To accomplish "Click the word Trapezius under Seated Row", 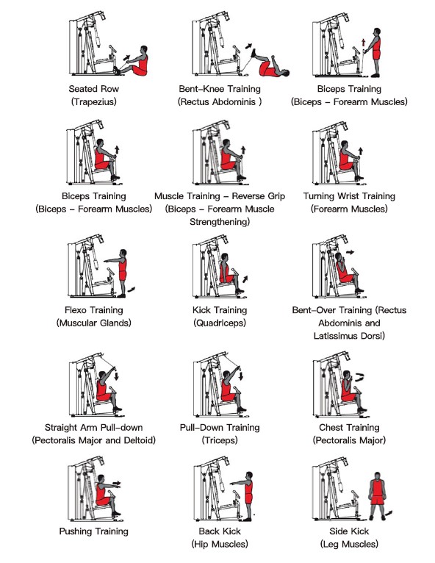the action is pyautogui.click(x=93, y=102).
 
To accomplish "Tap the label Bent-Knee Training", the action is pyautogui.click(x=220, y=89).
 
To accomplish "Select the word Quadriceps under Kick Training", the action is pyautogui.click(x=219, y=323).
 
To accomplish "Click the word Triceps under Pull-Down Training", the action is pyautogui.click(x=220, y=440).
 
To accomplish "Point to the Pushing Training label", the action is pyautogui.click(x=93, y=531).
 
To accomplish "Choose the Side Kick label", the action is pyautogui.click(x=349, y=531).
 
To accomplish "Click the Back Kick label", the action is pyautogui.click(x=220, y=531).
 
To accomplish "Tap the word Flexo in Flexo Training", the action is pyautogui.click(x=75, y=310).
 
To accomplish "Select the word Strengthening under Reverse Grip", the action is pyautogui.click(x=220, y=222).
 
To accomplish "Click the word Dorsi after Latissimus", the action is pyautogui.click(x=373, y=336).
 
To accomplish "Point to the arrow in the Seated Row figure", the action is pyautogui.click(x=126, y=57).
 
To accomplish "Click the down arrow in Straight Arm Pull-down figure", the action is pyautogui.click(x=116, y=376).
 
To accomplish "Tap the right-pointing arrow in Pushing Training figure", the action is pyautogui.click(x=117, y=483).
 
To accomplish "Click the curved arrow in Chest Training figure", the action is pyautogui.click(x=360, y=377).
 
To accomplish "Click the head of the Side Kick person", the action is pyautogui.click(x=377, y=476).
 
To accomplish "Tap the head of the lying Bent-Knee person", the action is pyautogui.click(x=286, y=73).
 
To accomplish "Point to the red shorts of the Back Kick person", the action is pyautogui.click(x=248, y=499).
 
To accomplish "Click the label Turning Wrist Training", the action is pyautogui.click(x=349, y=196).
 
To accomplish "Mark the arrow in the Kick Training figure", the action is pyautogui.click(x=245, y=279).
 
